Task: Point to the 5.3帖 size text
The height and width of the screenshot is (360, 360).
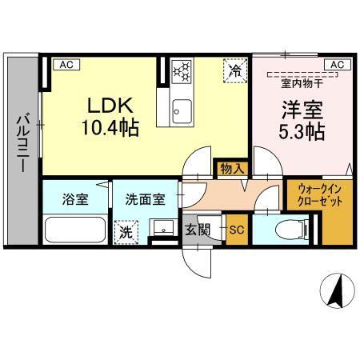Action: [300, 130]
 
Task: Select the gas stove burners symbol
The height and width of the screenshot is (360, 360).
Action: [181, 70]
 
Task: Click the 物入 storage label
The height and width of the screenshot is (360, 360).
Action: [232, 168]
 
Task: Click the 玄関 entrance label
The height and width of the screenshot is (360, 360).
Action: [198, 230]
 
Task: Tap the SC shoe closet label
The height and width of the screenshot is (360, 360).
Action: [236, 230]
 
